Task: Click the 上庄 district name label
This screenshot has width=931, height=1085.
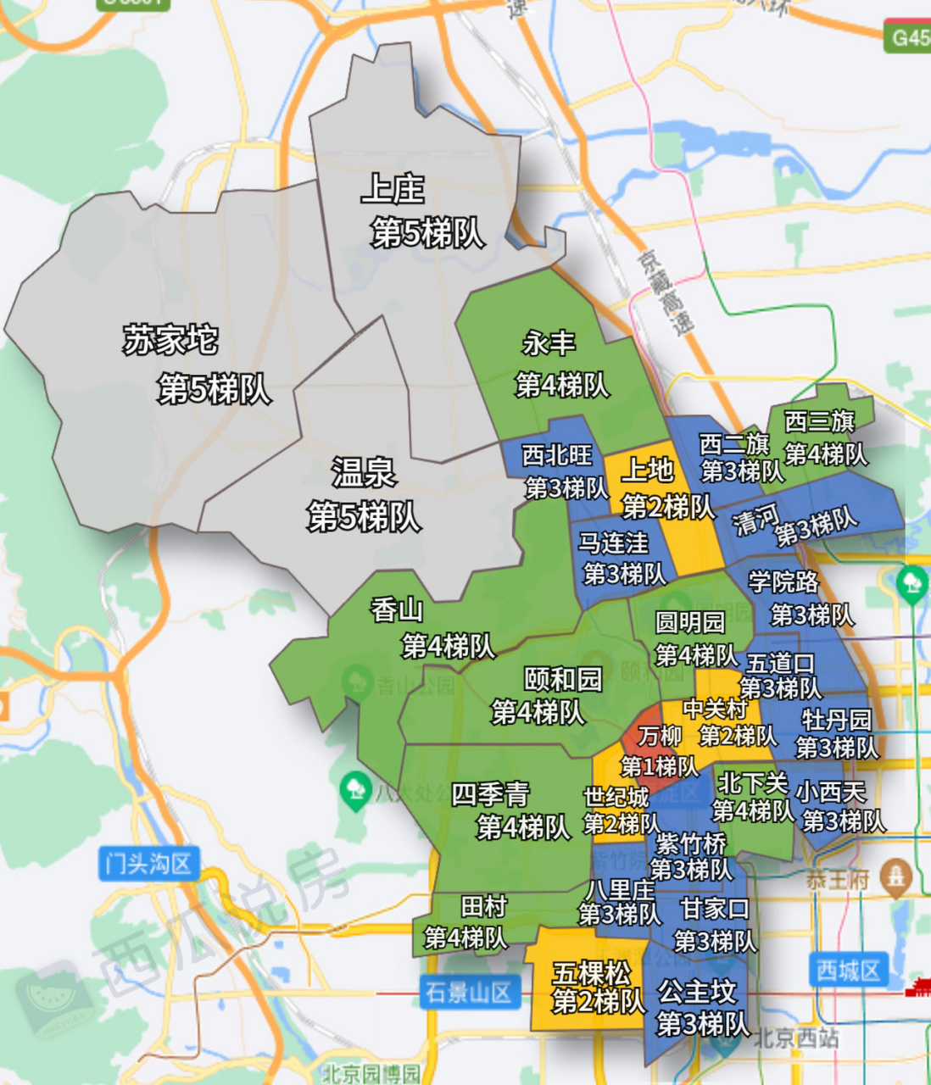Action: [x=393, y=189]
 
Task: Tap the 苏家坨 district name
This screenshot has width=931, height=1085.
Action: [x=170, y=341]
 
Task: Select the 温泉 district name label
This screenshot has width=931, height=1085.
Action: [x=364, y=472]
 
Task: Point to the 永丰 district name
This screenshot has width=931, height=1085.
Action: [x=549, y=343]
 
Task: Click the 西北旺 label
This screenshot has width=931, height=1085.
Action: [x=557, y=456]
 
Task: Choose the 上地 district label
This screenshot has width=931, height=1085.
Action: [x=648, y=470]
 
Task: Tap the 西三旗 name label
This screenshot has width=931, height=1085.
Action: [x=819, y=420]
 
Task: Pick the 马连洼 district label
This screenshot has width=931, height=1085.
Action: [x=613, y=542]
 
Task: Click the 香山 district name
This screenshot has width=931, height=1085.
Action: [x=397, y=609]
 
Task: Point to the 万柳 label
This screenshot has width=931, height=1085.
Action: [x=660, y=736]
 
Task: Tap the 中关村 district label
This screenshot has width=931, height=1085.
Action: [x=715, y=709]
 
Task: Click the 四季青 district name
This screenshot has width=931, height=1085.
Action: [x=490, y=794]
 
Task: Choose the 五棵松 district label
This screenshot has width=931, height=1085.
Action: [x=592, y=972]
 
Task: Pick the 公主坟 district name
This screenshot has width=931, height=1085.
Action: [x=697, y=992]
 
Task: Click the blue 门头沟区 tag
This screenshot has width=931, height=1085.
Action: [x=149, y=864]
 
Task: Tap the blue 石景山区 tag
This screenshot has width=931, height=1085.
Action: [x=469, y=993]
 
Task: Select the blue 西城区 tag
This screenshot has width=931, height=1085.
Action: [x=848, y=971]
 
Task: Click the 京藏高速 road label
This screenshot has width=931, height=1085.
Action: [x=666, y=292]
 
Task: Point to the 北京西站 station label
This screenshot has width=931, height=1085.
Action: [x=796, y=1038]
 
